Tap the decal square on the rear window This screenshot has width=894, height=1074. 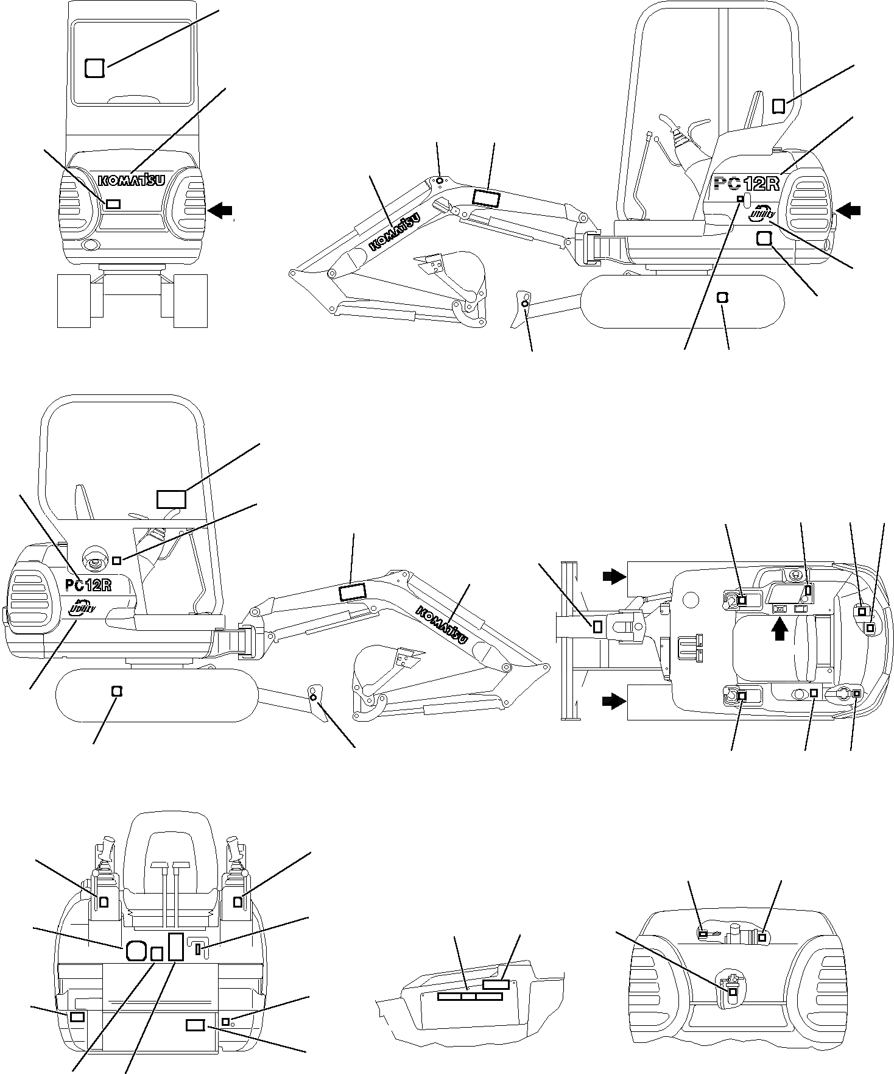click(x=94, y=68)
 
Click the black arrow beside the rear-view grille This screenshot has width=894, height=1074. click(x=220, y=210)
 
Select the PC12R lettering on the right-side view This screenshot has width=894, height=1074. click(x=746, y=183)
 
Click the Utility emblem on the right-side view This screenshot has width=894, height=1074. click(x=762, y=213)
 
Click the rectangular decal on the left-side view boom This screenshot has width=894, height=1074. click(x=351, y=591)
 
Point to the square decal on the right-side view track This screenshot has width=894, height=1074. click(x=723, y=297)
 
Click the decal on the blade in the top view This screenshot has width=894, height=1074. click(x=597, y=626)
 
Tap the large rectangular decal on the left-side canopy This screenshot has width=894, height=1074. click(x=171, y=499)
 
